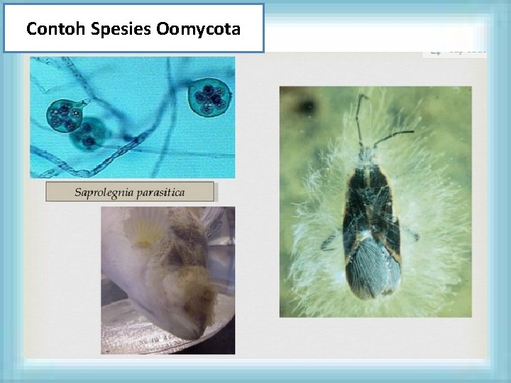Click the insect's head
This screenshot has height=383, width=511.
click(367, 152)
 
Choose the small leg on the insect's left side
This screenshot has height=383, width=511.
click(330, 243)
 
